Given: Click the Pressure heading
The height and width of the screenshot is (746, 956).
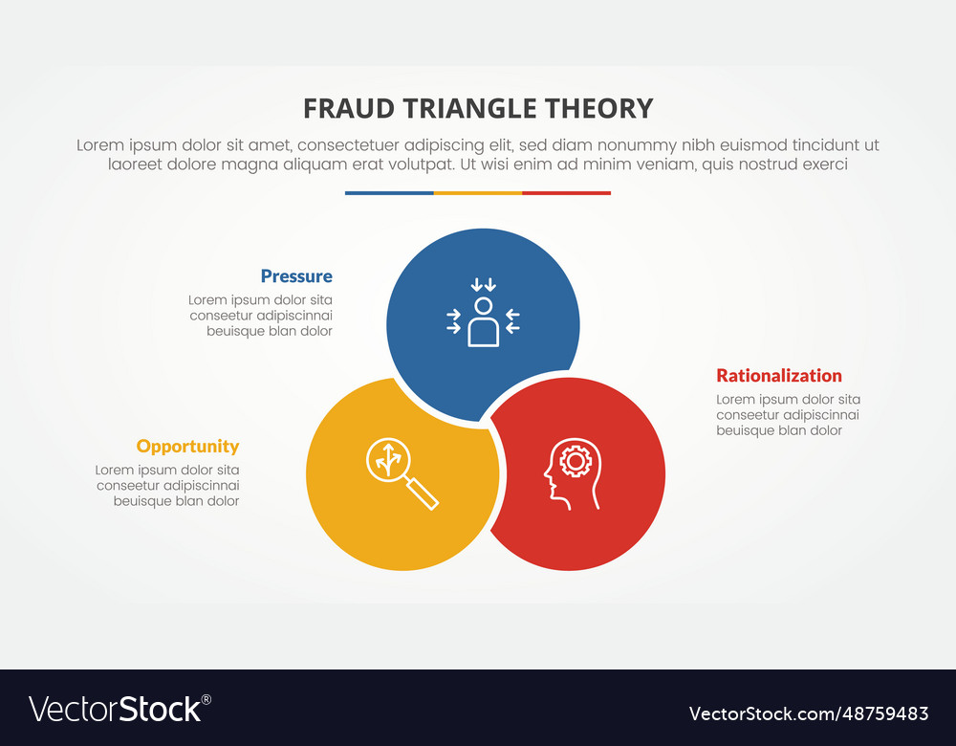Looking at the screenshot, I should [x=296, y=276].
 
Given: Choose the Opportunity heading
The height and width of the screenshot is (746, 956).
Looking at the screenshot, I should [x=187, y=447].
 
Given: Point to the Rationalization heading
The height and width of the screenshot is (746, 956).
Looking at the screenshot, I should [x=779, y=376].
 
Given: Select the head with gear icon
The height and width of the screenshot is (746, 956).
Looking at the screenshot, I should [x=573, y=472].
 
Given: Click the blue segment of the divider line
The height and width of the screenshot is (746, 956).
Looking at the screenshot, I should [x=389, y=193].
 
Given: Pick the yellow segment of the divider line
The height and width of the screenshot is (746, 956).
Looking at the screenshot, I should [x=478, y=193].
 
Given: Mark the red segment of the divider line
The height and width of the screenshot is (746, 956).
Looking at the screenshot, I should [x=566, y=193].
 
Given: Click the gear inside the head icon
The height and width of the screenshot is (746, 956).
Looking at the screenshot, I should [x=576, y=461].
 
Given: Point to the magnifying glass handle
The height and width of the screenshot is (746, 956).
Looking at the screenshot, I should [x=423, y=494].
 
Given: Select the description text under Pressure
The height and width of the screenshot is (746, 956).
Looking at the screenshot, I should [x=260, y=316].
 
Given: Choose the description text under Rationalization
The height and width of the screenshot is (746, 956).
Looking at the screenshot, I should [x=788, y=415].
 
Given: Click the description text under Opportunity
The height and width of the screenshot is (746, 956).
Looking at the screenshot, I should [x=167, y=486].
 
